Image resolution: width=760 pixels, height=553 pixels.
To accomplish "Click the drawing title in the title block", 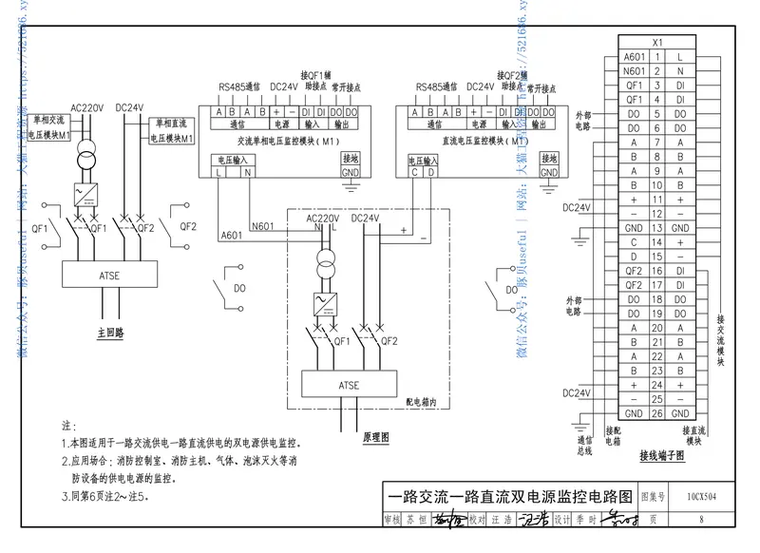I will (x=509, y=496).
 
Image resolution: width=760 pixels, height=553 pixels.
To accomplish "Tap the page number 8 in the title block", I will (x=700, y=520).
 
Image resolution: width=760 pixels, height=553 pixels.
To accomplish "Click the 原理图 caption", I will (x=376, y=438).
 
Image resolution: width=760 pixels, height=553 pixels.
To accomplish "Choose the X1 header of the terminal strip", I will (x=655, y=43).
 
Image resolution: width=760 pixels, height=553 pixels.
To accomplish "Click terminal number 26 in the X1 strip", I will (x=655, y=413).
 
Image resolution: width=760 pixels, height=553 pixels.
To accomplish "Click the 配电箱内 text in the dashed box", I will (x=422, y=403).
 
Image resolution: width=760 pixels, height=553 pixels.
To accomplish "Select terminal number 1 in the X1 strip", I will (x=655, y=57).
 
